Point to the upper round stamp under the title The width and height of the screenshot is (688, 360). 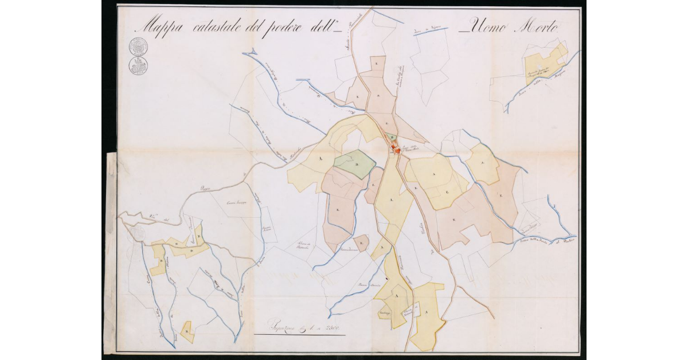point(138,46)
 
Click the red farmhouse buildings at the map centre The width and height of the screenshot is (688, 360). point(395,150)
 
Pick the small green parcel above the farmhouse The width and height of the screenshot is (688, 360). point(390,138)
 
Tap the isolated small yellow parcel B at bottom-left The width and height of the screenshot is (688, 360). point(187,332)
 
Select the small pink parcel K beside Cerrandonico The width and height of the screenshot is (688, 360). point(361,243)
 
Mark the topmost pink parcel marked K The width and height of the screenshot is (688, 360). point(376,63)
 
